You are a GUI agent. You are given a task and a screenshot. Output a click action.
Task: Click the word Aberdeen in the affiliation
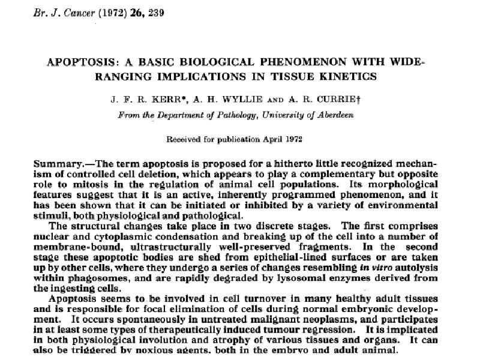coord(333,115)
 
